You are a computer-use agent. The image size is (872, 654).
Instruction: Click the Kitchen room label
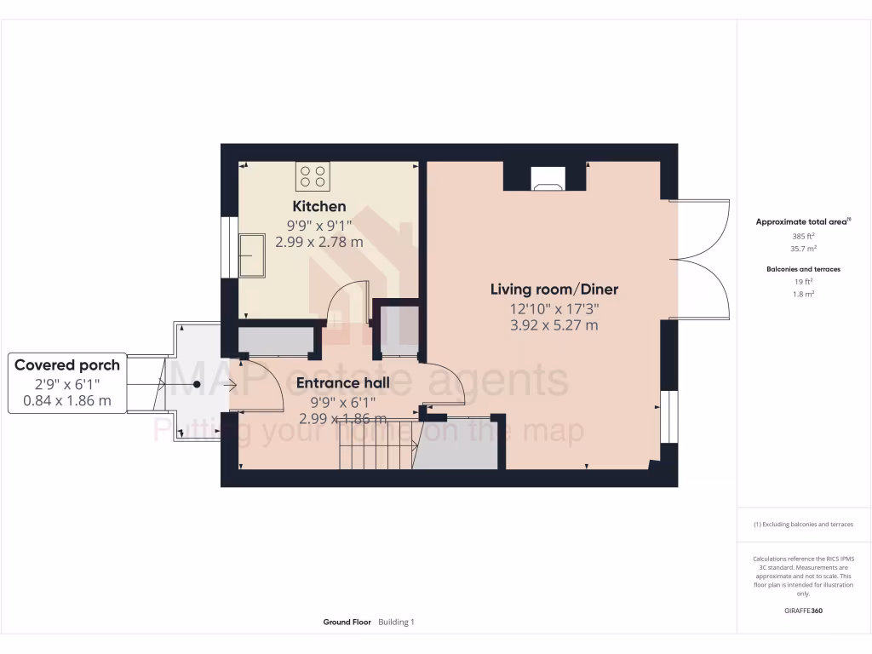[x=319, y=206]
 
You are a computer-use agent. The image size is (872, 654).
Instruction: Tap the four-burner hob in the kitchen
[x=313, y=177]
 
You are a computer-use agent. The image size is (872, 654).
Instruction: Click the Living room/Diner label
[x=554, y=290]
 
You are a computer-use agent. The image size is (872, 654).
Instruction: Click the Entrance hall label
[x=342, y=383]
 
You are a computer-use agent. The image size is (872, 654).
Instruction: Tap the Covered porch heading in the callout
[x=67, y=365]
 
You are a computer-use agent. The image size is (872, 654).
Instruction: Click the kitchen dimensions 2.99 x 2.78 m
[x=319, y=242]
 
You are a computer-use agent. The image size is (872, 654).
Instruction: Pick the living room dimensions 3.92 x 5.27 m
[x=554, y=325]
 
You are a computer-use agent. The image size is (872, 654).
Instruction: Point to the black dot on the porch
[x=197, y=385]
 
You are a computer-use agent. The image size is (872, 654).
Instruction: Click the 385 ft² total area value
[x=803, y=236]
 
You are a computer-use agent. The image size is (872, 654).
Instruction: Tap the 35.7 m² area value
[x=803, y=249]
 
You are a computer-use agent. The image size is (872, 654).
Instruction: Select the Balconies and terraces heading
[x=803, y=269]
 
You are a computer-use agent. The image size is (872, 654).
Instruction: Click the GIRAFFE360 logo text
[x=803, y=611]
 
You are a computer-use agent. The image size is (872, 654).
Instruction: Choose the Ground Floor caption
[x=347, y=622]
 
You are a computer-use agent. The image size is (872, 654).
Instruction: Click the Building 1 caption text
[x=396, y=622]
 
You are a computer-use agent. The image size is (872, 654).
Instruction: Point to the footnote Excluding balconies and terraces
[x=803, y=525]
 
